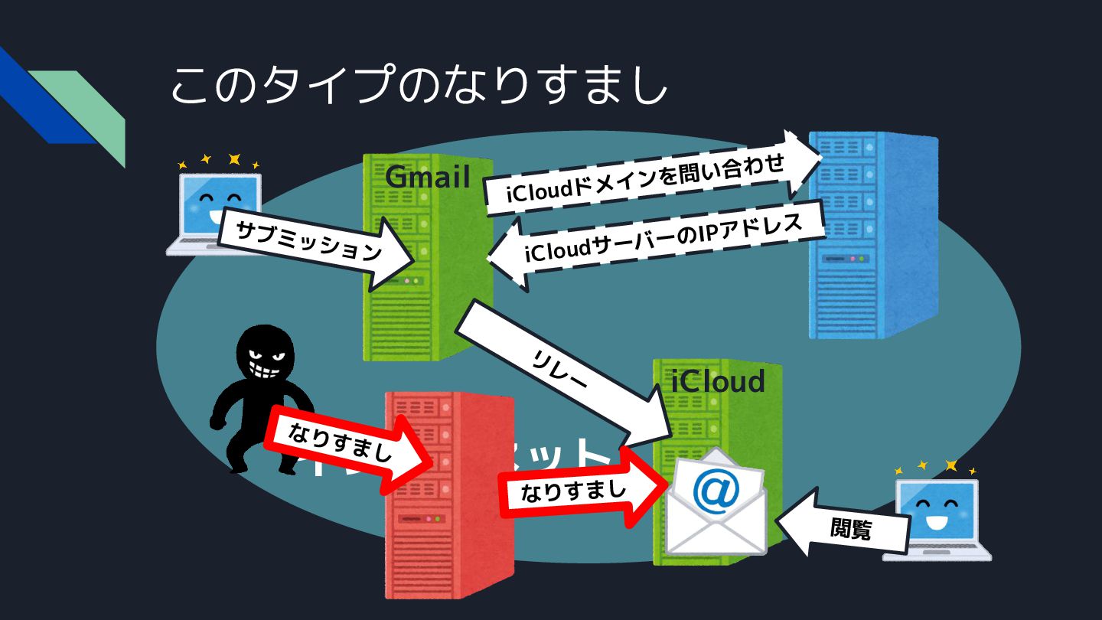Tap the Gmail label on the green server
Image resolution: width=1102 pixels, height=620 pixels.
(427, 177)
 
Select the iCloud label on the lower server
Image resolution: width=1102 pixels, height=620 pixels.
(718, 380)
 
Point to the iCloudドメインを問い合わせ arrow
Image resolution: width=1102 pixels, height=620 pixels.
(647, 177)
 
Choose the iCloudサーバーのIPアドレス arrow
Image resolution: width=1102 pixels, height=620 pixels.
(658, 243)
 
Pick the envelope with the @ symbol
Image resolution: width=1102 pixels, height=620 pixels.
(716, 505)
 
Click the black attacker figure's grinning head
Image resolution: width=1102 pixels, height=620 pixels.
(263, 354)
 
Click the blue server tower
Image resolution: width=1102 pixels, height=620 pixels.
(872, 233)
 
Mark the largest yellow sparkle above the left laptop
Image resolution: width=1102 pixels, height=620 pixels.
(234, 159)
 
